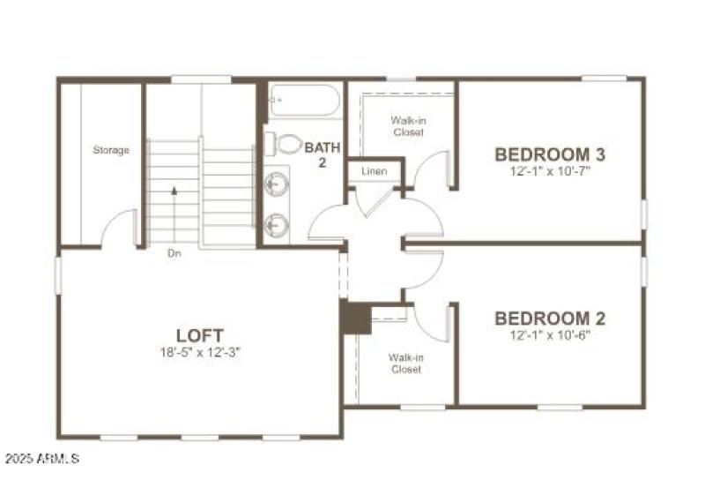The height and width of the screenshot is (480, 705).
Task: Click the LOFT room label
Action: (200, 335)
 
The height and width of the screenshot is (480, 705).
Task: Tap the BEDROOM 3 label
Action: (550, 154)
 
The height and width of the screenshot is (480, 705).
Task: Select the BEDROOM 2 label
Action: (550, 318)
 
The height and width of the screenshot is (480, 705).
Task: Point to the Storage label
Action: (111, 150)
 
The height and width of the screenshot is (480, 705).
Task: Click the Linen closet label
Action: (374, 170)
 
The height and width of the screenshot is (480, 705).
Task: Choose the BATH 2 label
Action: (322, 154)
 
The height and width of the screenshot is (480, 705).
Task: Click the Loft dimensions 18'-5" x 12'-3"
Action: (200, 352)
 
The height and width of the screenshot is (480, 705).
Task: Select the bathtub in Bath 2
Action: (303, 101)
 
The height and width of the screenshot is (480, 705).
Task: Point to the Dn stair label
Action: (174, 253)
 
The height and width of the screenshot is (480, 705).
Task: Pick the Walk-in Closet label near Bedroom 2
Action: (406, 363)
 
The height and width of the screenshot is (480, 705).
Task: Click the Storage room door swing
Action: (118, 227)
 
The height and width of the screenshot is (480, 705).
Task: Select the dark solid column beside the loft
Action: (356, 318)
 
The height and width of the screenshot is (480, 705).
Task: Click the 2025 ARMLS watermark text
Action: (41, 459)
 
